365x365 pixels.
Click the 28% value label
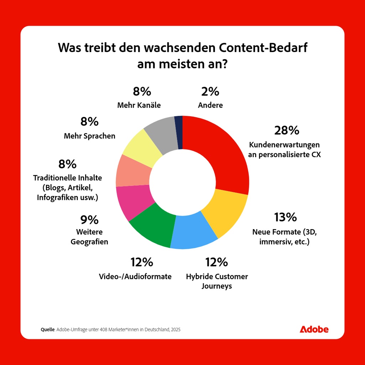pos(287,130)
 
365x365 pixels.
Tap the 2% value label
pos(210,92)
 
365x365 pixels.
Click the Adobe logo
pos(314,329)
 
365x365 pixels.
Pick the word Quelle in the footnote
pos(48,330)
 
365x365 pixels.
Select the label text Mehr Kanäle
pos(139,106)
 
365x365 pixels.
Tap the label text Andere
pos(210,106)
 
